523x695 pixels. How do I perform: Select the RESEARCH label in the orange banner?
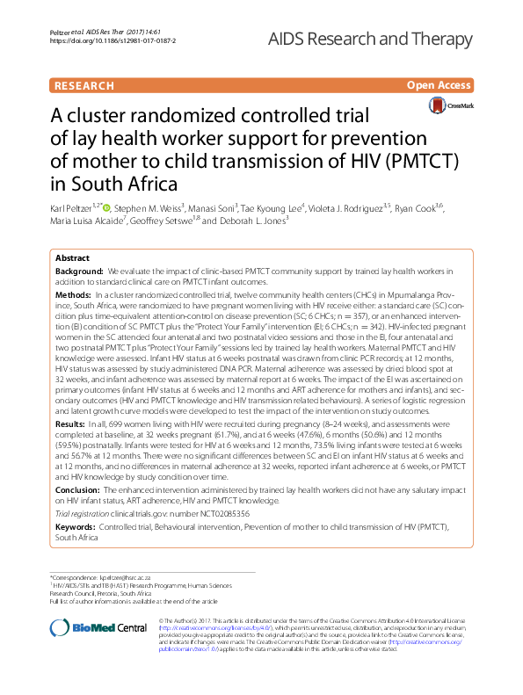84,86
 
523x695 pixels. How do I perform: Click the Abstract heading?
73,258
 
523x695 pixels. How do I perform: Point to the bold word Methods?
71,295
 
